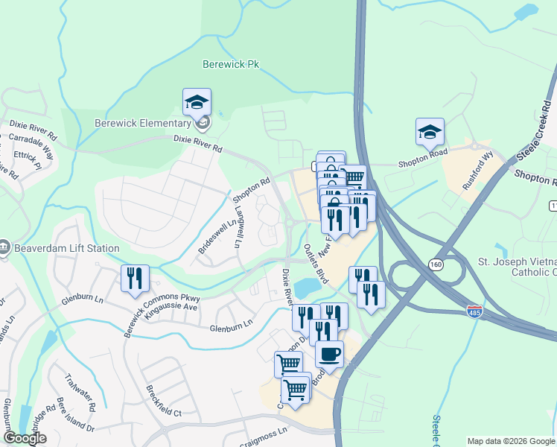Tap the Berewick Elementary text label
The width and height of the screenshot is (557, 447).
(x=143, y=123)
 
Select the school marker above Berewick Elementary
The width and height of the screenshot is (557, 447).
(x=197, y=102)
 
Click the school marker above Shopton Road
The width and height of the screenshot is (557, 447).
(x=430, y=132)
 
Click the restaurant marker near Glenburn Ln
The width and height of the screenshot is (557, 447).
(x=135, y=279)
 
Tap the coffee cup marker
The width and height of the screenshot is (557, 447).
(x=329, y=354)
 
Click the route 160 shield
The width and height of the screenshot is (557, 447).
(x=436, y=263)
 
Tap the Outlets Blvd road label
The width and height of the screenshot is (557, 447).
(x=316, y=264)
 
